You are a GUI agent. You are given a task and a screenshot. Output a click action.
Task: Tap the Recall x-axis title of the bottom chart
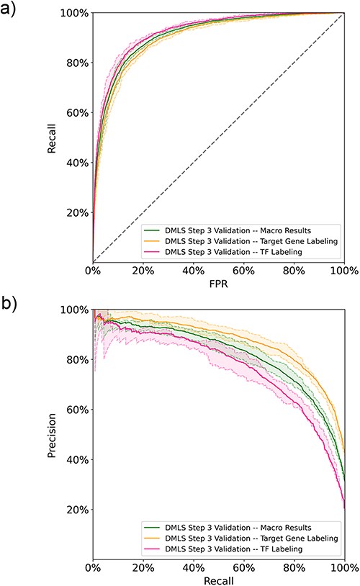pyautogui.click(x=218, y=577)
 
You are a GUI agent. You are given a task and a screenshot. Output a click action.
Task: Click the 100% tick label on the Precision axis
pyautogui.click(x=72, y=310)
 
